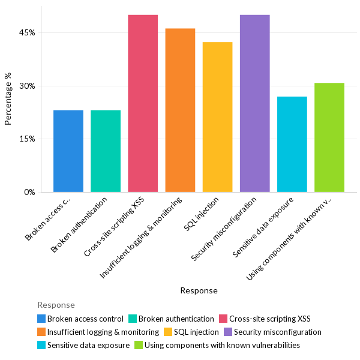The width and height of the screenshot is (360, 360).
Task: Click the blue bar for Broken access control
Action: [x=68, y=151]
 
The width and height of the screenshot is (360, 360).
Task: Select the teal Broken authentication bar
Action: [x=106, y=151]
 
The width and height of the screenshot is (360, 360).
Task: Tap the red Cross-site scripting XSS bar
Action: [x=143, y=103]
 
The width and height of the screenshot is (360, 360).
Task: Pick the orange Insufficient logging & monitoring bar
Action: [x=180, y=110]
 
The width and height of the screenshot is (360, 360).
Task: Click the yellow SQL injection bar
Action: [x=217, y=117]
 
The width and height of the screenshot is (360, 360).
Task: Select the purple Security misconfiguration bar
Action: [x=254, y=103]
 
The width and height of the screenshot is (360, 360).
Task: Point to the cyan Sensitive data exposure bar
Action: [x=292, y=144]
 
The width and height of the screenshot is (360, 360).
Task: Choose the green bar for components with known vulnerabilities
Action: [x=329, y=137]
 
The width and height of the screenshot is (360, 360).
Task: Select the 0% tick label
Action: [x=29, y=192]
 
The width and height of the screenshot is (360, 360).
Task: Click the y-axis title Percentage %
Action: [x=8, y=100]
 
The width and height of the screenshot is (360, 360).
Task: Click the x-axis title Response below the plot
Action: [x=199, y=290]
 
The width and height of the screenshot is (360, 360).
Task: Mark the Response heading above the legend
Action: [x=56, y=305]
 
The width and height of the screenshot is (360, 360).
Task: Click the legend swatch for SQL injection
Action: [x=169, y=332]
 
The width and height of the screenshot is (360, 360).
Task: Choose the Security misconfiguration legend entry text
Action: [x=277, y=332]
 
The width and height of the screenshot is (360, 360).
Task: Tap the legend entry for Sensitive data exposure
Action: [x=88, y=345]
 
